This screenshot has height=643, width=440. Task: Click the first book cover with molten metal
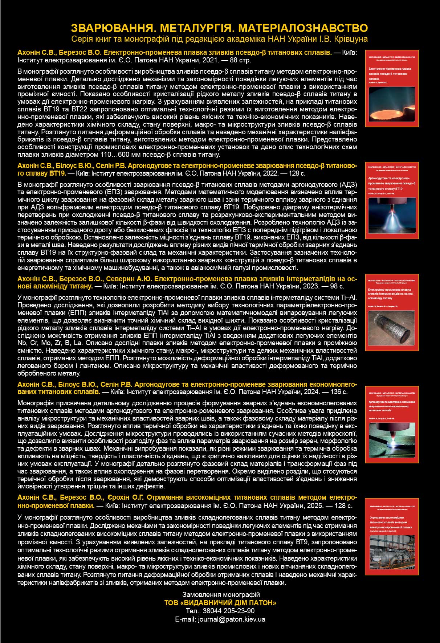392,88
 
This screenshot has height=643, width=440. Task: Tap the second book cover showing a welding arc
392,200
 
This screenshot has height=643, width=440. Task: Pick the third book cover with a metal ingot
392,312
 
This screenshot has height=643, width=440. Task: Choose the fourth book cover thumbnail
392,424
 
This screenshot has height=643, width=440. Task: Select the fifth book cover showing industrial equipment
392,536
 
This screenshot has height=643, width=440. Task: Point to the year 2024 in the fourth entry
310,392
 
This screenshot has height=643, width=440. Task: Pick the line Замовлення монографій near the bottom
221,594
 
